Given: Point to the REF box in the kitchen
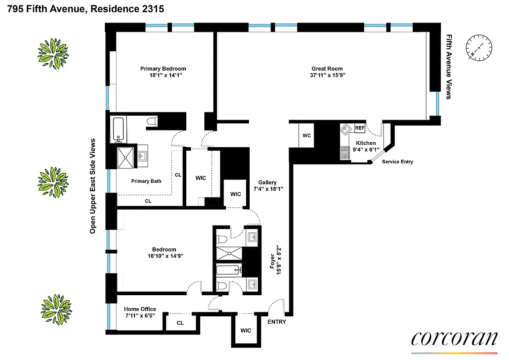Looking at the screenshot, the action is click(360, 128).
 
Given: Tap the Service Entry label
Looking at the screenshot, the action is click(397, 162).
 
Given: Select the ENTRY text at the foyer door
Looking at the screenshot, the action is click(277, 322).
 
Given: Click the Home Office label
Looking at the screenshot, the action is click(140, 309).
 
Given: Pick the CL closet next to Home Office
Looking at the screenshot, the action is click(180, 323).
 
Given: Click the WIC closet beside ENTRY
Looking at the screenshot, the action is click(246, 330).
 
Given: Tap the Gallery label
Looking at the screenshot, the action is click(267, 182).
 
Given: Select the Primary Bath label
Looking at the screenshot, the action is click(146, 181).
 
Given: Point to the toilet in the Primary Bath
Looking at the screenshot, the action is click(152, 121).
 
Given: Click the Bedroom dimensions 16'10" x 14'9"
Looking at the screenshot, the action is click(164, 256).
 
